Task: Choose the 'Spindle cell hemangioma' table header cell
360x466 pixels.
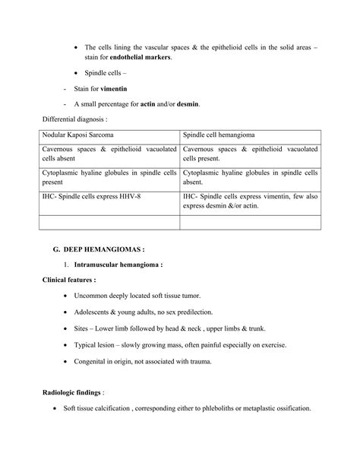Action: (214, 135)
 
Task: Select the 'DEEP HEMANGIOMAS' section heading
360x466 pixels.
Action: (106, 249)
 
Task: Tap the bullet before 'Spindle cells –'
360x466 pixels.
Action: (77, 73)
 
